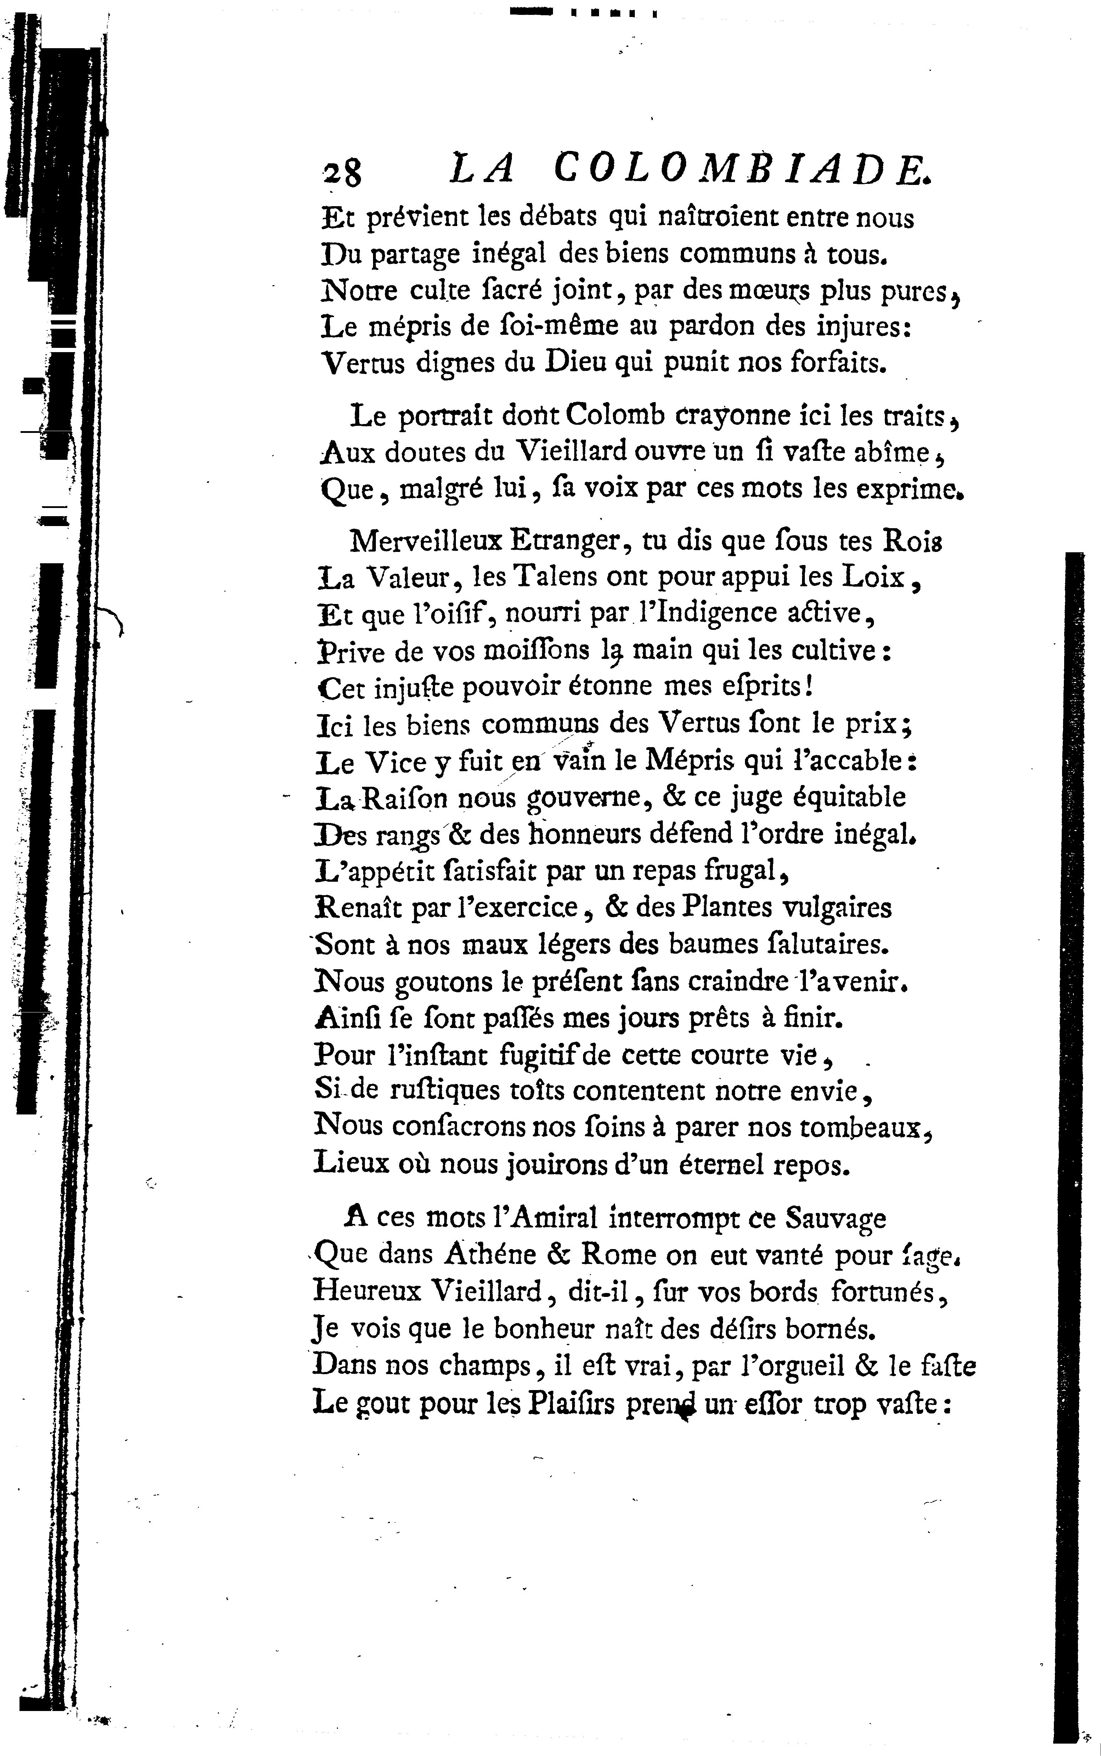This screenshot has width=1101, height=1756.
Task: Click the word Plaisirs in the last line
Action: click(568, 1402)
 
